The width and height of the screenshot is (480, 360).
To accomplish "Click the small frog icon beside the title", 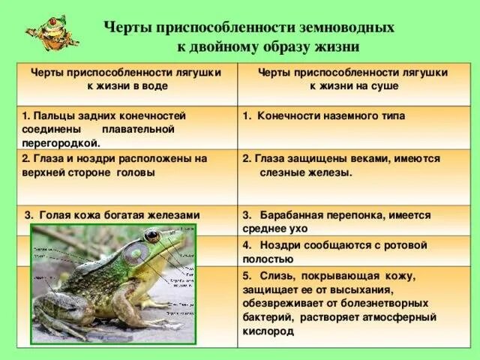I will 47,34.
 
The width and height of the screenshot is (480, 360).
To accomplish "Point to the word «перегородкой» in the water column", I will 61,142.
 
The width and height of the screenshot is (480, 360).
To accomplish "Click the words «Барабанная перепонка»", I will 317,214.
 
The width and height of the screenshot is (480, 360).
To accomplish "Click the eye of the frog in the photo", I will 152,236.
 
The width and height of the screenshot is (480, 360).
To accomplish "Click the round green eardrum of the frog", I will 136,253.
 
